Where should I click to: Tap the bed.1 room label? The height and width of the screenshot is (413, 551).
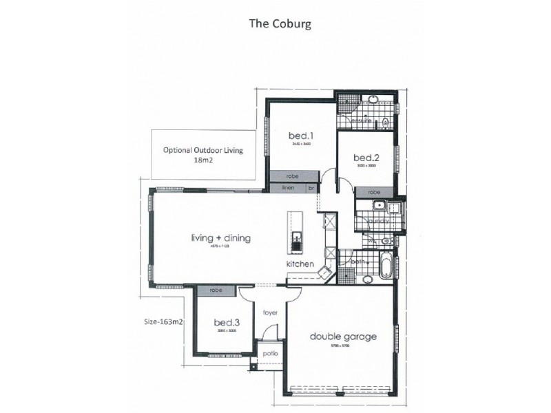(x=298, y=136)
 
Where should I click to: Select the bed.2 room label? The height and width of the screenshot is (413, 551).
(x=366, y=156)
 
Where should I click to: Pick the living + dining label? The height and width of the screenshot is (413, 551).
(x=220, y=239)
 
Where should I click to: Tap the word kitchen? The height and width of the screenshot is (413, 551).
(x=301, y=264)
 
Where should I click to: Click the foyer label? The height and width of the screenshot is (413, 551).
(x=270, y=313)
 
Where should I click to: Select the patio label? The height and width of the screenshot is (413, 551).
(x=270, y=354)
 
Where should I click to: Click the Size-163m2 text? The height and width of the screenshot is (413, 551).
(x=163, y=321)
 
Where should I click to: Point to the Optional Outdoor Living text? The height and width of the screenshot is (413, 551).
(x=203, y=149)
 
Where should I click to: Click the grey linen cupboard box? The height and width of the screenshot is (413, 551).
(x=288, y=187)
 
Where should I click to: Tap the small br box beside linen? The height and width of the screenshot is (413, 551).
(x=312, y=187)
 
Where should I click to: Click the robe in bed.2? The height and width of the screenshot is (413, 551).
(x=373, y=192)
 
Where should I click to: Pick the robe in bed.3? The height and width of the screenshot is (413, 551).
(x=216, y=291)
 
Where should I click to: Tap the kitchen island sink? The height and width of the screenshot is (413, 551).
(x=297, y=241)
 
